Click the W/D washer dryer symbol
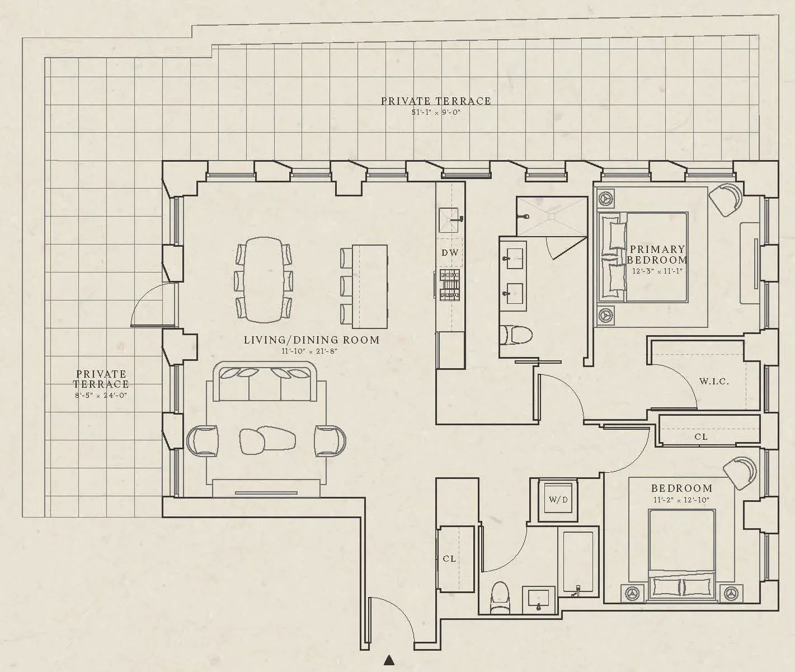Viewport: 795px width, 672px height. tap(558, 500)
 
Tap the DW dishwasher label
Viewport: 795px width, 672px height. tap(450, 252)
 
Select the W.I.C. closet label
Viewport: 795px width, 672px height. tap(714, 382)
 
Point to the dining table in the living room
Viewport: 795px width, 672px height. tap(264, 280)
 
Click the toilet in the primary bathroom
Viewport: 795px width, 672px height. tap(516, 335)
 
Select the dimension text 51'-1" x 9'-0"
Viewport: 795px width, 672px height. tap(435, 112)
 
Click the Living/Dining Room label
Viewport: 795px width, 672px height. tap(312, 340)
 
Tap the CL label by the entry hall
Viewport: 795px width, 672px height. tap(449, 558)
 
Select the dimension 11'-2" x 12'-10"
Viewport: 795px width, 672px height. tap(681, 500)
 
